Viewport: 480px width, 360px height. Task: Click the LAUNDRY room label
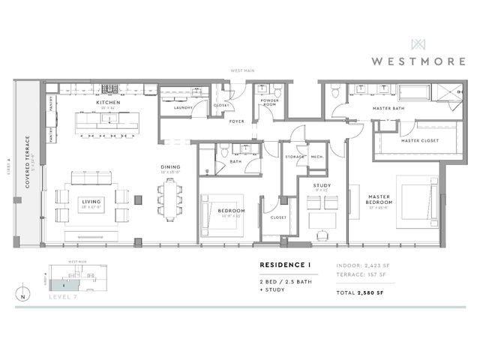(x=183, y=107)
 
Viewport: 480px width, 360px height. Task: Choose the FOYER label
(x=237, y=121)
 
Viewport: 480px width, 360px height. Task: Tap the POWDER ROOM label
(x=270, y=103)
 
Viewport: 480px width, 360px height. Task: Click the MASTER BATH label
(x=388, y=109)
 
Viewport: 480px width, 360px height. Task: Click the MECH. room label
(x=316, y=156)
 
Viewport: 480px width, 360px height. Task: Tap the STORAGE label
(x=294, y=156)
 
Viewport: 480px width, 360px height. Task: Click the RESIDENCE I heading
(x=284, y=265)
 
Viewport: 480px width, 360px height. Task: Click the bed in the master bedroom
(x=415, y=203)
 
